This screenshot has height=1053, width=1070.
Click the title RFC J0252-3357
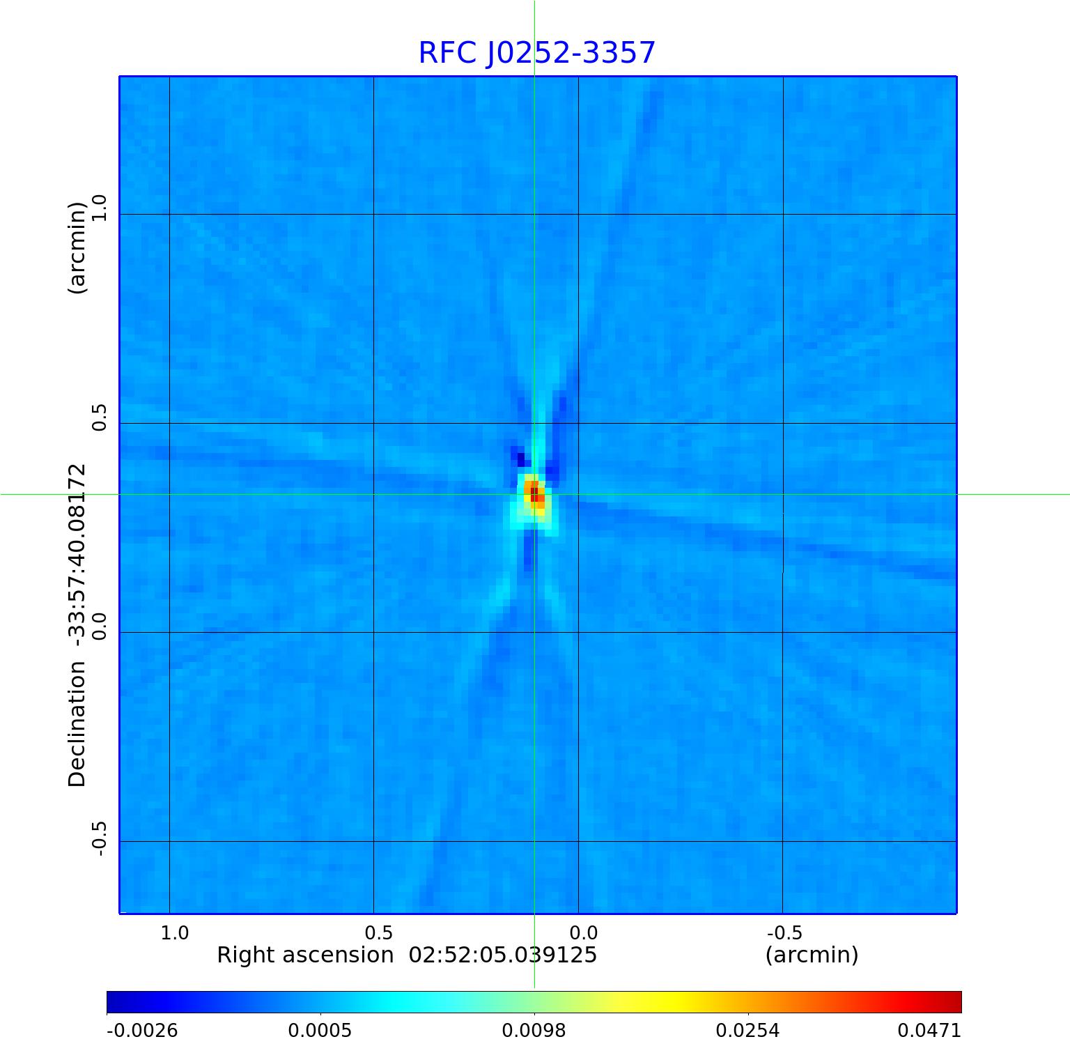[x=536, y=53]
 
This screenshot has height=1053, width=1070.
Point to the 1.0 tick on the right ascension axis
[x=174, y=932]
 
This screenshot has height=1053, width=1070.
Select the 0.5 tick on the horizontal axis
[x=378, y=932]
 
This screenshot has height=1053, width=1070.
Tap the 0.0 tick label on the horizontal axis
[x=583, y=932]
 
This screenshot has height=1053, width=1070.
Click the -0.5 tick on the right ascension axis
[x=784, y=932]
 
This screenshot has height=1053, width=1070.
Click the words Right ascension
[x=305, y=955]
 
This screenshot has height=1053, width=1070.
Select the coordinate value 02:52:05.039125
[x=502, y=955]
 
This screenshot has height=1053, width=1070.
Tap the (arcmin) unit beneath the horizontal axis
[x=812, y=955]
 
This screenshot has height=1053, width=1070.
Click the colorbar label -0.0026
[x=142, y=1031]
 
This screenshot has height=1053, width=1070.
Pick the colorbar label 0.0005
[x=320, y=1031]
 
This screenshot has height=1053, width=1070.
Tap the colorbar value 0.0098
[x=534, y=1031]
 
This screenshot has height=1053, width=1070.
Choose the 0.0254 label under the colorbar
[x=748, y=1031]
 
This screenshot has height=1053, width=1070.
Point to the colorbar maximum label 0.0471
[x=929, y=1031]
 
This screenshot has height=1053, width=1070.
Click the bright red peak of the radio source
[x=534, y=494]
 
